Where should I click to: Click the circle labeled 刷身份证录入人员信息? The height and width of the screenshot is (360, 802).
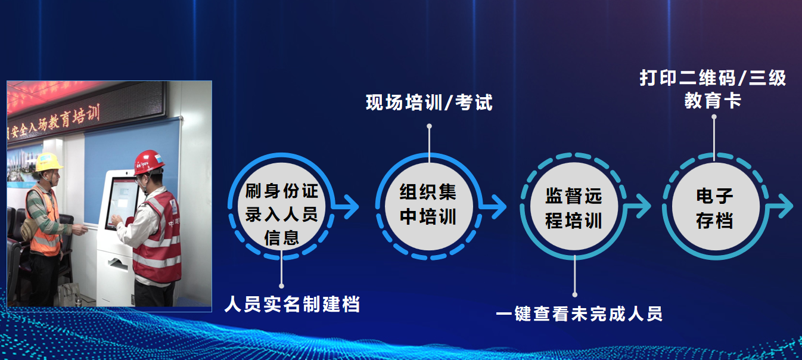281,207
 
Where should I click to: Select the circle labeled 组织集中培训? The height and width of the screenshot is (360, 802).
428,207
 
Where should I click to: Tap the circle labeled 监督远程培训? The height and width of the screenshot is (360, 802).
574,207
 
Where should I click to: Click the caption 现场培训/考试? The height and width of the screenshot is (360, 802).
429,103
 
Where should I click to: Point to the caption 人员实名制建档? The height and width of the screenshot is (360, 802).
292,304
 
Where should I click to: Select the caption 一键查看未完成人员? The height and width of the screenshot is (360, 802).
579,314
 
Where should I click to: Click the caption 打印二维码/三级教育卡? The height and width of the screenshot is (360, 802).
713,89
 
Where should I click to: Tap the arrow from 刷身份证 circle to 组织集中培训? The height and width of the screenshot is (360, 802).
346,207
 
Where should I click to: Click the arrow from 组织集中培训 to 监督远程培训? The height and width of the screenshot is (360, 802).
494,207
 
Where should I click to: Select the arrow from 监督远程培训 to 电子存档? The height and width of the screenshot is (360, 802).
638,207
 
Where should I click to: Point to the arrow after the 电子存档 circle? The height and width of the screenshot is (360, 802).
781,207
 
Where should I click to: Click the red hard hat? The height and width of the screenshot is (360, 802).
148,162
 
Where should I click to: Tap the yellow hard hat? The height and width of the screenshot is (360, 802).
48,162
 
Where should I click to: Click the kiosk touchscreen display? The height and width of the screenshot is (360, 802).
121,203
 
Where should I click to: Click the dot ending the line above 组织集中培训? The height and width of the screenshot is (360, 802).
429,126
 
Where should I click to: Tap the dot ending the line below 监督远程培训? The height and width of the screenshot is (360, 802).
574,295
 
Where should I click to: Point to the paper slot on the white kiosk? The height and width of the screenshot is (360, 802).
119,265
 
